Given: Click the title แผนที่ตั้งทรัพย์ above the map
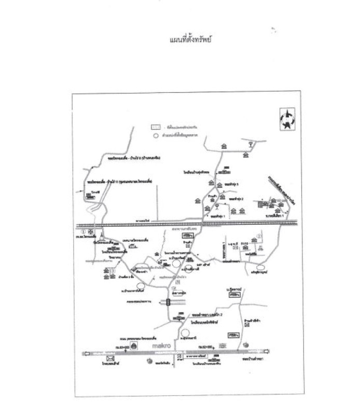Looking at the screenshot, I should pos(191,39).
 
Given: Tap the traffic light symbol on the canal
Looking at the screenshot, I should pos(169,303).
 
